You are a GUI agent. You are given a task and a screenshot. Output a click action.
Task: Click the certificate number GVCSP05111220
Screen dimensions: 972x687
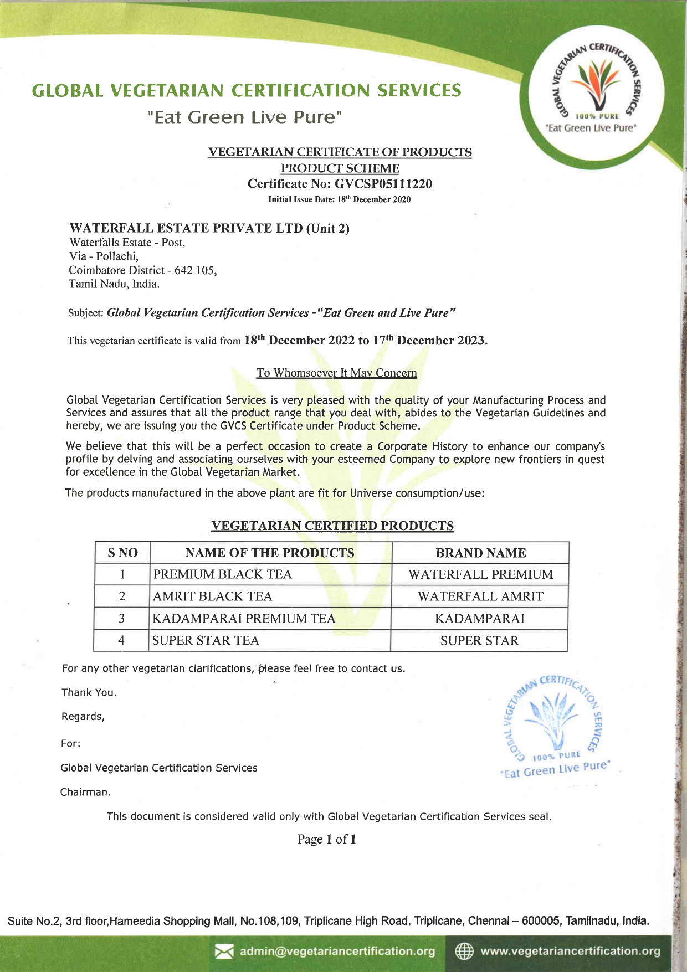(x=383, y=184)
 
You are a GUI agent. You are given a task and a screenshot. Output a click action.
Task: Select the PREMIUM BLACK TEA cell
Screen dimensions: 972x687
(x=222, y=574)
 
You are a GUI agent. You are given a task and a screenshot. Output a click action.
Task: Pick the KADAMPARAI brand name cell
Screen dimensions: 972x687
(x=479, y=619)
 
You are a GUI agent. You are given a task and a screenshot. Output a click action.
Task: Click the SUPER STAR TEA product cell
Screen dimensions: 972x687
(x=206, y=641)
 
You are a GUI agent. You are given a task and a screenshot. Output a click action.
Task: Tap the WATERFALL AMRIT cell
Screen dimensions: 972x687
(x=480, y=596)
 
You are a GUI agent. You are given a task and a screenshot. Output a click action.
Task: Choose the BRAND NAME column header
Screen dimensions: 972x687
(x=480, y=553)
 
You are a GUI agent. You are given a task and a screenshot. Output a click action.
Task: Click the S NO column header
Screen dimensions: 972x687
(x=122, y=553)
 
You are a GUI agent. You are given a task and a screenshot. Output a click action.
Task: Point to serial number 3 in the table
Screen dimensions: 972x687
(x=121, y=619)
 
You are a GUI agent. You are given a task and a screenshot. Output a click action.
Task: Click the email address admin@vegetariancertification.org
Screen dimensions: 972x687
(x=337, y=952)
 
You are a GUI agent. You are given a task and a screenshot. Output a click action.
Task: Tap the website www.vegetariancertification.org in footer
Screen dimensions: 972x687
(x=570, y=952)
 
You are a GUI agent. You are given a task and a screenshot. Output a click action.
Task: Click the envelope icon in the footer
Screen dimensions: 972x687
(x=224, y=952)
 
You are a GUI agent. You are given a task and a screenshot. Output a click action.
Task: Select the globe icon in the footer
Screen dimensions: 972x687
(x=464, y=952)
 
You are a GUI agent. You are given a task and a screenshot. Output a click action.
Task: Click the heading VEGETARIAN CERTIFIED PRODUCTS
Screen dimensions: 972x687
(x=332, y=526)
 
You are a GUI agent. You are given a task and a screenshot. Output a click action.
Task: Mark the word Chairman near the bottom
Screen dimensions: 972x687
(x=85, y=792)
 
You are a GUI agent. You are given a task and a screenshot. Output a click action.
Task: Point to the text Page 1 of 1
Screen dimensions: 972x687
(x=326, y=839)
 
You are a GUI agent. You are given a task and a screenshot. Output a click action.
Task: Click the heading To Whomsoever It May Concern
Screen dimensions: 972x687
(x=336, y=373)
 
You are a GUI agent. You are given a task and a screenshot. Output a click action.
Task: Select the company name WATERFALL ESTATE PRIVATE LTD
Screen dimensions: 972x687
(x=186, y=228)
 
